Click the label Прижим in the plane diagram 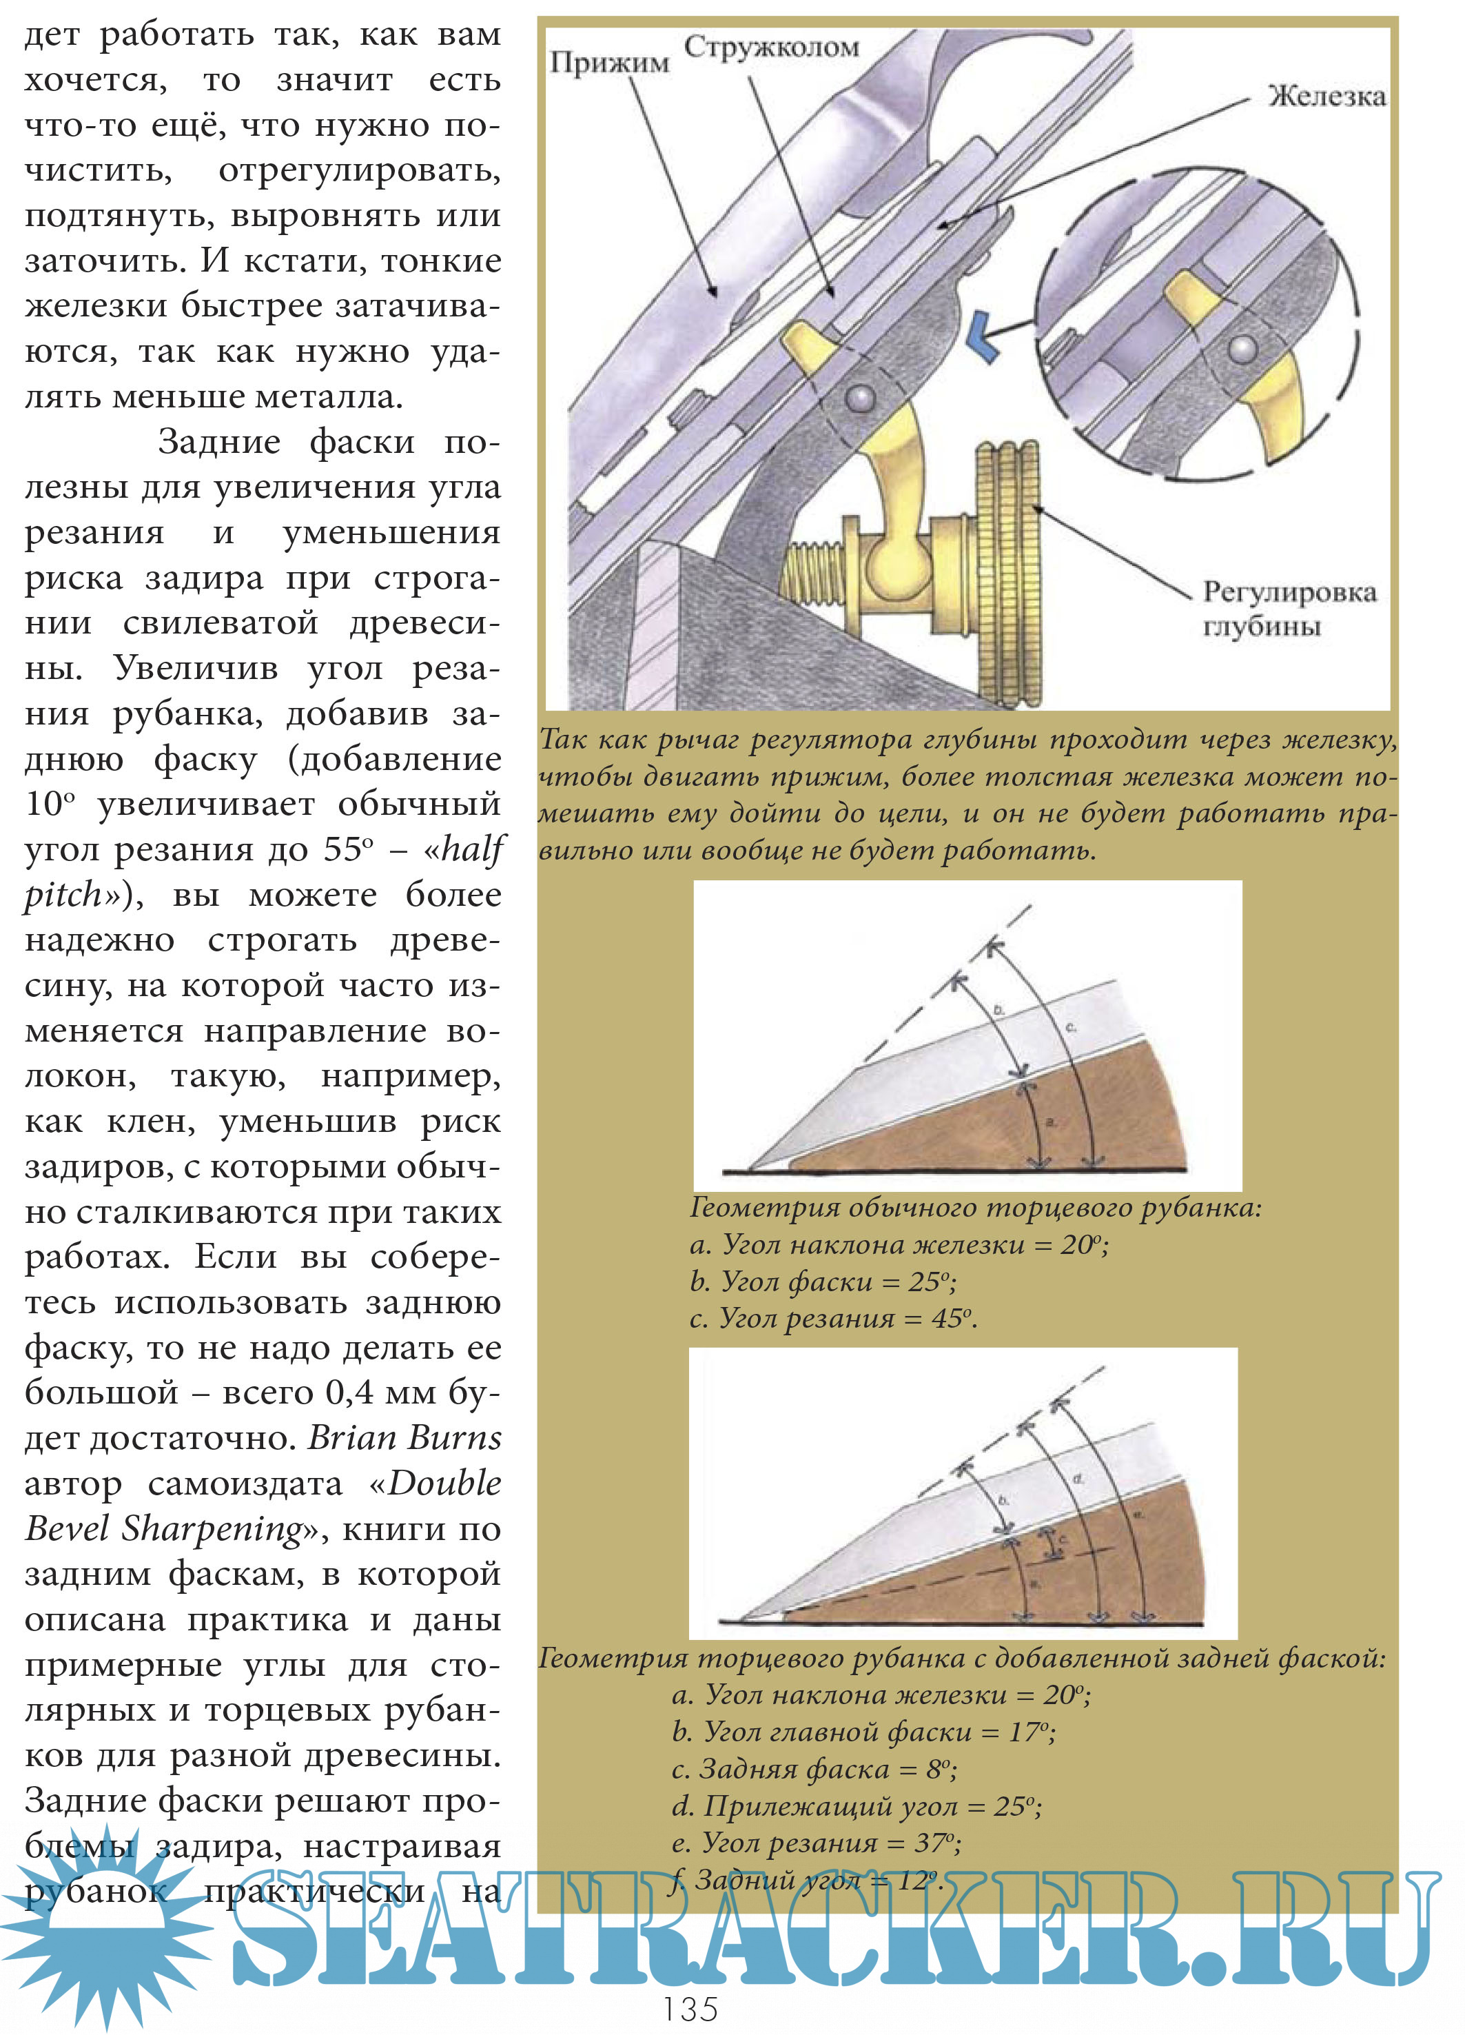click(609, 63)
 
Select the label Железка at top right click(1326, 96)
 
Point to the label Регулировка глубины click(1289, 608)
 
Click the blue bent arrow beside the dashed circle click(983, 337)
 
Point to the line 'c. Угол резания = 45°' click(832, 1318)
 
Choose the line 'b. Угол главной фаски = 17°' click(863, 1731)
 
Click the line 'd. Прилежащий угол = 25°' click(856, 1805)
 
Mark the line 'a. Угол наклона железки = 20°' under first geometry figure click(898, 1244)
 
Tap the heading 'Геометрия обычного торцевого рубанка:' click(974, 1208)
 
